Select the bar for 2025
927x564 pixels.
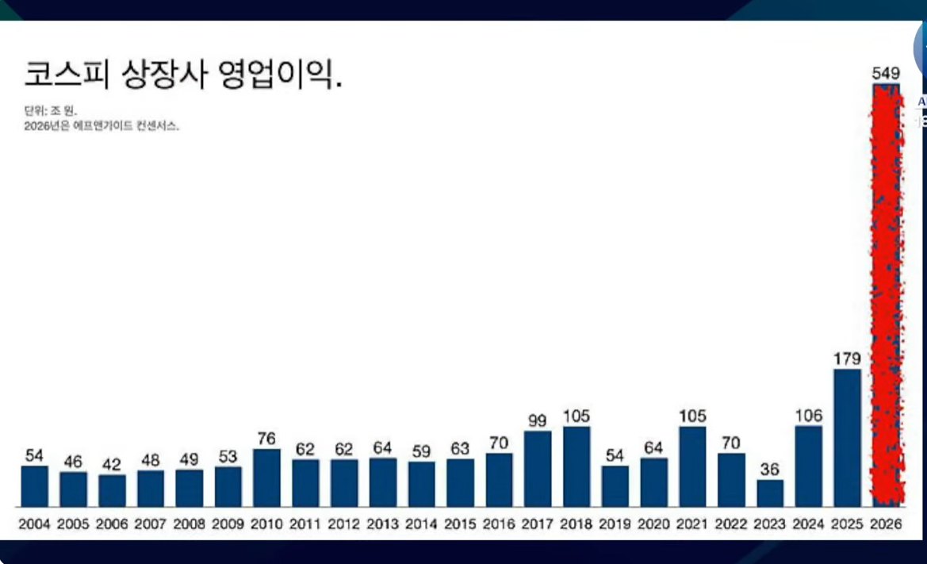847,438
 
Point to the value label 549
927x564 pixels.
886,74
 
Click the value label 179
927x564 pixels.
847,359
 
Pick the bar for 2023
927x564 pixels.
770,493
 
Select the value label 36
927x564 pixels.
770,470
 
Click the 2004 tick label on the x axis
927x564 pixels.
34,524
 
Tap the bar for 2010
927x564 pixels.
266,478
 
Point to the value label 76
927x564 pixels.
266,439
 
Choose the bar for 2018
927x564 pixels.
577,466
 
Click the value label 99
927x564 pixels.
538,420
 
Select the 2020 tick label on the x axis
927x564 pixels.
653,524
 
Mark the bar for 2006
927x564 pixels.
112,491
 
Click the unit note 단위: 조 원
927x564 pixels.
51,111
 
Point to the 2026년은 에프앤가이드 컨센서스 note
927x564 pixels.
102,125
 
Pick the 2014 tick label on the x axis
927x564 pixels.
421,524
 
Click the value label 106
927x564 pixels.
809,416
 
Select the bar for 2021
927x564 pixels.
692,466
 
